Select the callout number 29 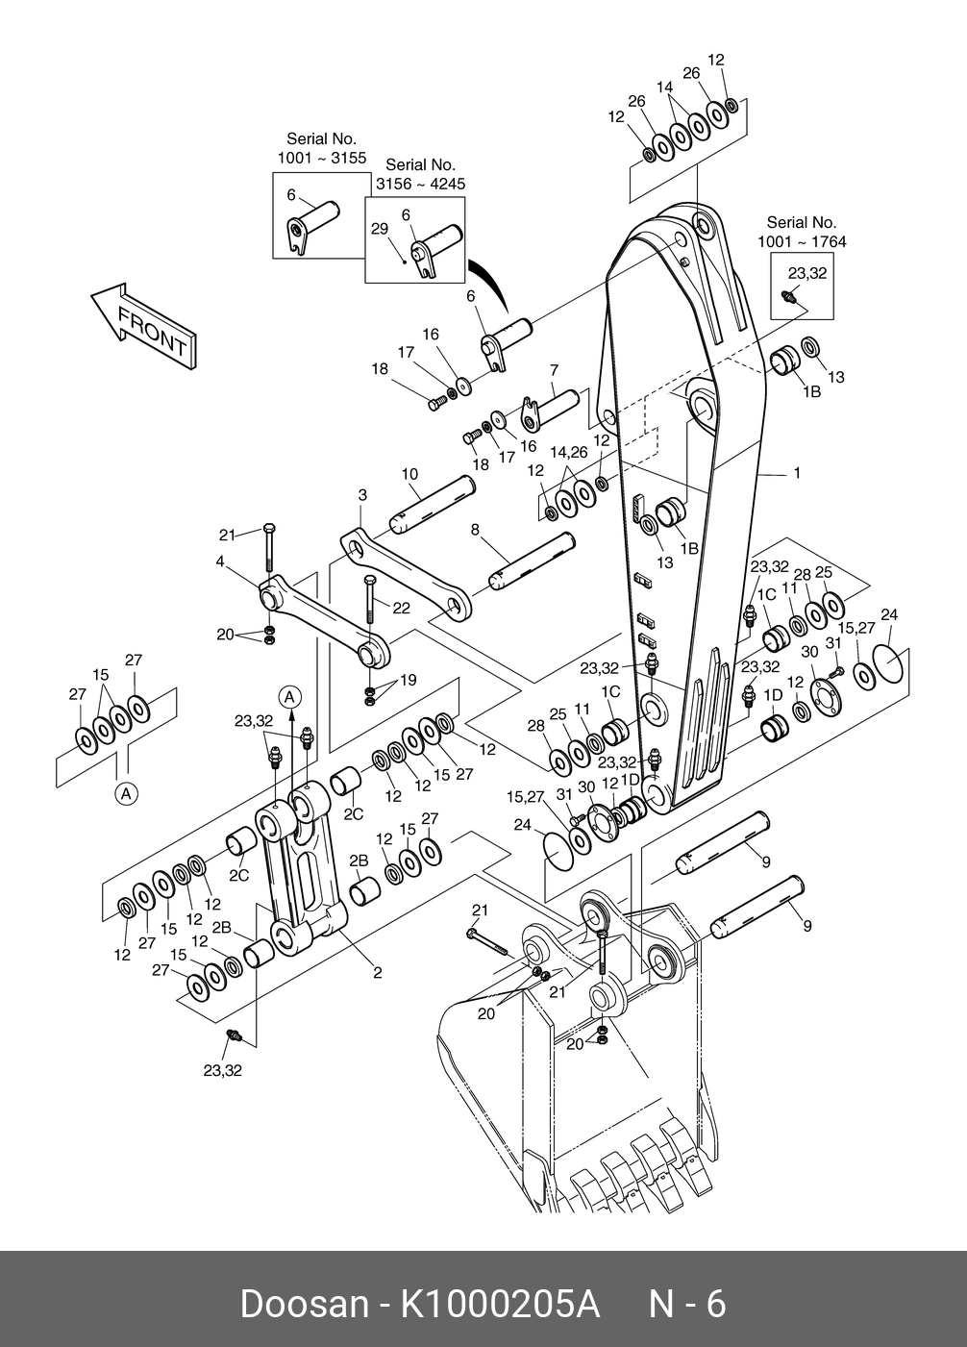(380, 229)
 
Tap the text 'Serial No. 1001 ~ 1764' (802, 232)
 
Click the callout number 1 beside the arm (797, 473)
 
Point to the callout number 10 (409, 474)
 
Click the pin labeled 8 (533, 561)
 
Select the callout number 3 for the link (362, 495)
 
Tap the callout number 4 (220, 561)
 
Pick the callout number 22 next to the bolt (401, 608)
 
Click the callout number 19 (409, 680)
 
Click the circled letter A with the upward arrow (290, 697)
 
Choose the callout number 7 (554, 370)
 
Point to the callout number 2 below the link (377, 972)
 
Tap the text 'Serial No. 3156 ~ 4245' (420, 174)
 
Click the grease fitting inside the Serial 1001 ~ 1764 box (788, 296)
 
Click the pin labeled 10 (432, 504)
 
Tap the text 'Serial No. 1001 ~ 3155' (322, 148)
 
